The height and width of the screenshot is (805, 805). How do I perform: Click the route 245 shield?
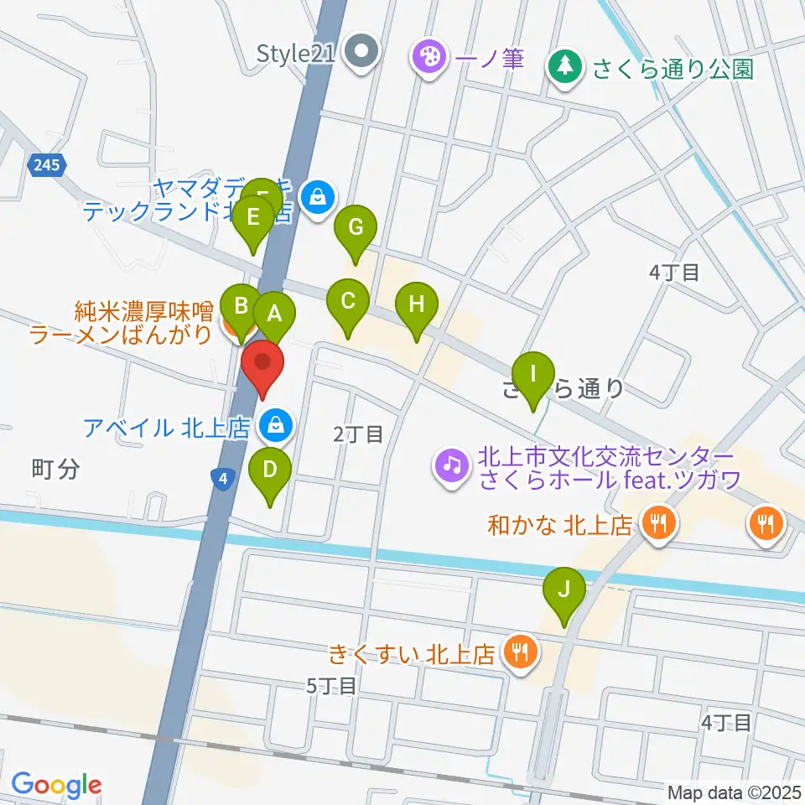[x=48, y=166]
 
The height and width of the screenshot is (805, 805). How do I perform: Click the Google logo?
[x=56, y=785]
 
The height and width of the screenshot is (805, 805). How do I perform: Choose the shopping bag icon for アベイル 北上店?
[x=275, y=426]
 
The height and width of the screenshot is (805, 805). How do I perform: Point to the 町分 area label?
[x=56, y=469]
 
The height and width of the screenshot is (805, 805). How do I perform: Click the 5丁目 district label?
[x=332, y=685]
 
